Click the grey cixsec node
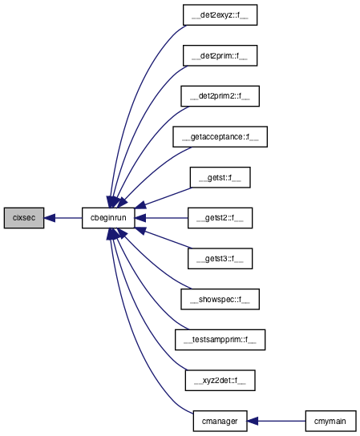24,218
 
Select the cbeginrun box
108,218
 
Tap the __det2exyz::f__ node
220,15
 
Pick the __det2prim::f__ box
220,55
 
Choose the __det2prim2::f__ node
220,96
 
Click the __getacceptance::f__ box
220,137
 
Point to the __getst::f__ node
220,177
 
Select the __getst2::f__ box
220,218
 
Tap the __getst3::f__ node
220,259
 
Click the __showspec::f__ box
220,299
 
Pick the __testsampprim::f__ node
220,340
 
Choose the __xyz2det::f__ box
220,381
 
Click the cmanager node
220,421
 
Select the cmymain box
330,421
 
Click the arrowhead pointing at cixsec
50,218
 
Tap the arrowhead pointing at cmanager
253,421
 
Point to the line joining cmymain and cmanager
281,421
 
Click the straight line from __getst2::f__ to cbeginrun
167,218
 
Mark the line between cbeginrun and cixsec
68,218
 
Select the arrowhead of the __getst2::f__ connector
140,218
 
